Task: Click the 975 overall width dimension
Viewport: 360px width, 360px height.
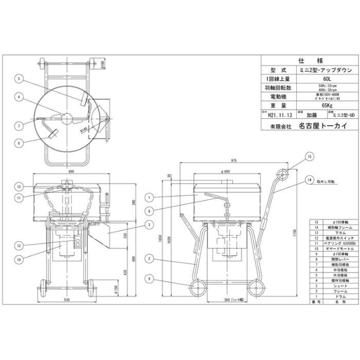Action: coord(220,160)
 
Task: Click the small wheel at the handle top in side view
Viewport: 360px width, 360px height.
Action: coord(281,175)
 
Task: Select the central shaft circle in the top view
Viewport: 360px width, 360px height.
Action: coord(66,118)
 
